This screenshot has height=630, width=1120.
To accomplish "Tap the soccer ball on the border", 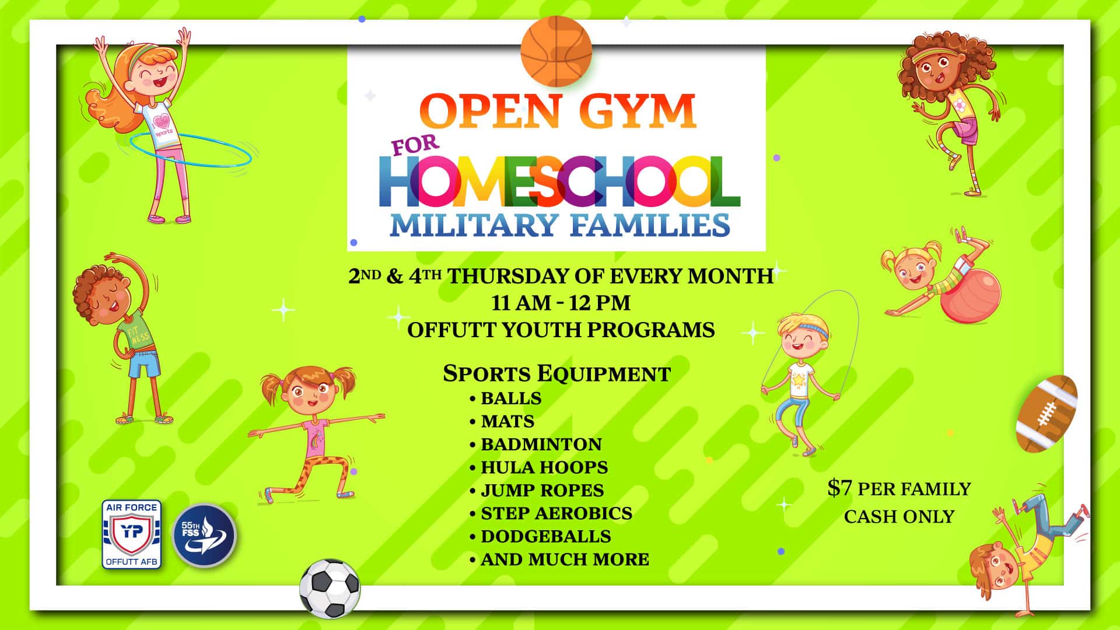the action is point(330,588).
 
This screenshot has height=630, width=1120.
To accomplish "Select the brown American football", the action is point(1047,414).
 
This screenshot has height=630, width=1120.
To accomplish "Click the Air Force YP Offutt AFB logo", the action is point(132,534).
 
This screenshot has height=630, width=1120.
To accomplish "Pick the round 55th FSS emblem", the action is point(204,535).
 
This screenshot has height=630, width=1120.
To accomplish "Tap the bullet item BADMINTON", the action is point(541,444).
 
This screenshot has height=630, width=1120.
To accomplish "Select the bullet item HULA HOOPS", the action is point(544,467).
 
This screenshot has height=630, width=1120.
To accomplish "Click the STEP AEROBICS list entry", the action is point(556,513).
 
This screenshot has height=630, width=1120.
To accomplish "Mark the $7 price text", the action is point(840,489).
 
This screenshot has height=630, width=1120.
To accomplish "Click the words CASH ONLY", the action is point(899,517).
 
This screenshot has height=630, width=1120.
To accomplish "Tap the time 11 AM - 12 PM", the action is point(561,303).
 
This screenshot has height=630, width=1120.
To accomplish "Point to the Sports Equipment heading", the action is point(557,373).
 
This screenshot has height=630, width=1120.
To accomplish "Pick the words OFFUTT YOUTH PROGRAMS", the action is point(561,330).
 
